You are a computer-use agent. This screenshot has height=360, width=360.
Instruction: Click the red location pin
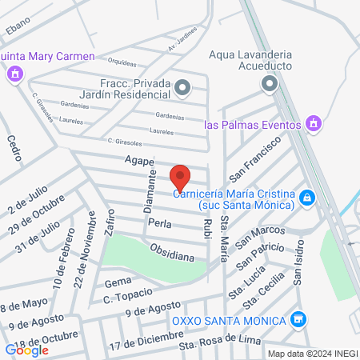click(x=181, y=177)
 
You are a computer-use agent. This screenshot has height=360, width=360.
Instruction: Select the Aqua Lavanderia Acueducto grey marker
click(x=269, y=84)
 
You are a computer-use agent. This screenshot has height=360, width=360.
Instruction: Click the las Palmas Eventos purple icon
click(x=314, y=124)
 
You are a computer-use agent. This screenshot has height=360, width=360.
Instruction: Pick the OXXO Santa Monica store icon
click(x=298, y=320)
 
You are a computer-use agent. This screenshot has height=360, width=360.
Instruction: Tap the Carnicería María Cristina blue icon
click(x=306, y=198)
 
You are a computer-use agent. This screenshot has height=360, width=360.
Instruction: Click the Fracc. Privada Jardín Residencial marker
click(x=183, y=88)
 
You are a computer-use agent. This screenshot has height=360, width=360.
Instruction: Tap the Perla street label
click(x=158, y=223)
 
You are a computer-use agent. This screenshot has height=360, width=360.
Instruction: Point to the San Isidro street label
click(x=298, y=264)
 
